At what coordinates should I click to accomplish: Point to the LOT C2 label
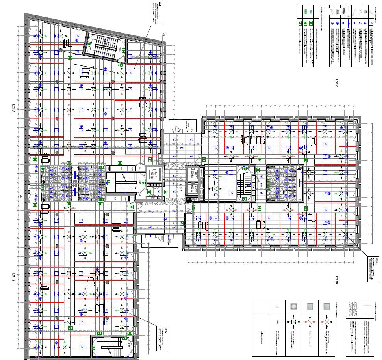tap(337, 280)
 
